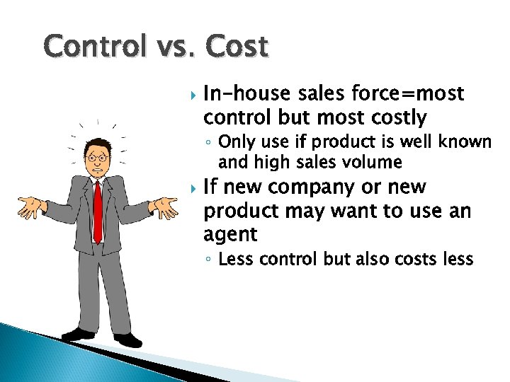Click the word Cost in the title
click(x=238, y=47)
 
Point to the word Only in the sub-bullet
click(x=237, y=142)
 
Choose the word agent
click(x=230, y=235)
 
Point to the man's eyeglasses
click(x=97, y=157)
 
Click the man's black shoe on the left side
click(x=77, y=333)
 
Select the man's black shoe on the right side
click(x=128, y=340)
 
